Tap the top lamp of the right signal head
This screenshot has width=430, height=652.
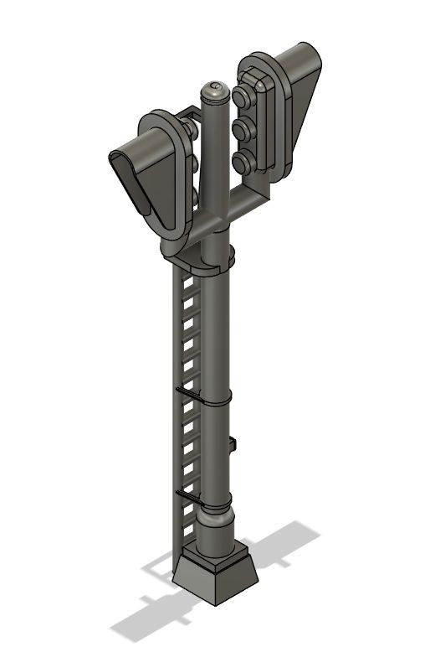[246, 98]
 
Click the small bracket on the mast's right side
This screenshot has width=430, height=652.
[232, 444]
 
